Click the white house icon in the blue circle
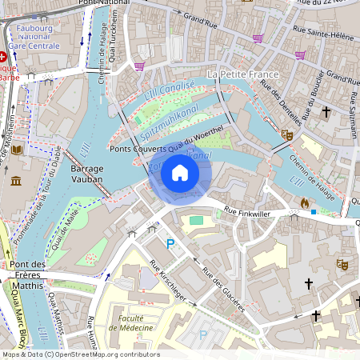tap(180, 173)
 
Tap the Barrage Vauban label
tap(87, 175)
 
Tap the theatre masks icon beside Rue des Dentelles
tap(287, 135)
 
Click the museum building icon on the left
tap(17, 180)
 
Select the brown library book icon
tap(18, 150)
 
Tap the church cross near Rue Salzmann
tap(326, 112)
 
